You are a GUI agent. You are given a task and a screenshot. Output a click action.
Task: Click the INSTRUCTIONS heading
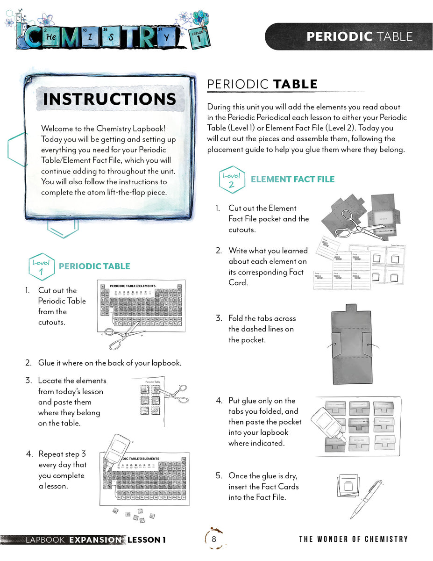[110, 99]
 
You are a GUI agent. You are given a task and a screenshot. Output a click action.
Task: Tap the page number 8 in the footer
[214, 539]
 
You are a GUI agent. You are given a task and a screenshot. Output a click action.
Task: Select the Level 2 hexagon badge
[232, 179]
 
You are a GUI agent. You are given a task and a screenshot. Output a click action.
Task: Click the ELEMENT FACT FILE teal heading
[292, 179]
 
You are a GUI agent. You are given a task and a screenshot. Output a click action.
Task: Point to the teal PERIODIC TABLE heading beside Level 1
[94, 266]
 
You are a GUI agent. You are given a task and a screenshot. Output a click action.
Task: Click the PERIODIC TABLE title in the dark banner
[359, 36]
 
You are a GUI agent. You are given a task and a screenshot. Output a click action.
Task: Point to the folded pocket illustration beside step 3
[346, 344]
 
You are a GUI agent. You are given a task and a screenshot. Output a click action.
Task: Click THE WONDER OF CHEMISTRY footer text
[353, 539]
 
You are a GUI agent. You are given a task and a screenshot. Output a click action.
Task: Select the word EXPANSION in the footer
[95, 540]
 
